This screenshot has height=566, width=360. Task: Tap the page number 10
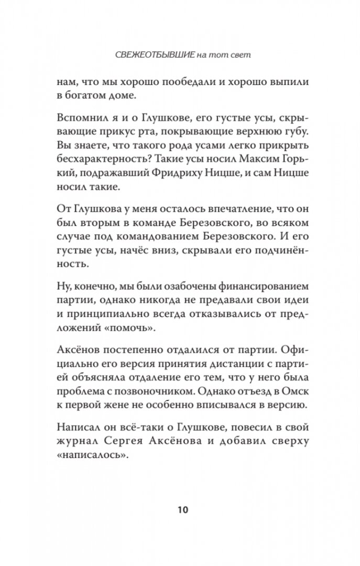point(180,509)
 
